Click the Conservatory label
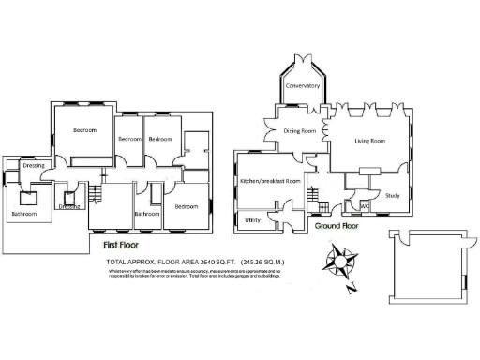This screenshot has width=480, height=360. coord(303,86)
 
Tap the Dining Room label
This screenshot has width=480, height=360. coord(301,131)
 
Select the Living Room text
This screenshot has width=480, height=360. coord(369,142)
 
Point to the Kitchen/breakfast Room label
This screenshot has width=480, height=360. coord(270,180)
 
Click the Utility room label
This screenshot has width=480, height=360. coord(251,220)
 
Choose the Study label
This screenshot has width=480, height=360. coord(393,195)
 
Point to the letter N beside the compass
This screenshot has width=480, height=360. coord(349,289)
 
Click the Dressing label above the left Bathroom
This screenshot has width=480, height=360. coord(35,165)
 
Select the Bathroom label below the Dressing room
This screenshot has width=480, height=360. coord(24,214)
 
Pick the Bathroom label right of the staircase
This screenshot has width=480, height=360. coord(147,213)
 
